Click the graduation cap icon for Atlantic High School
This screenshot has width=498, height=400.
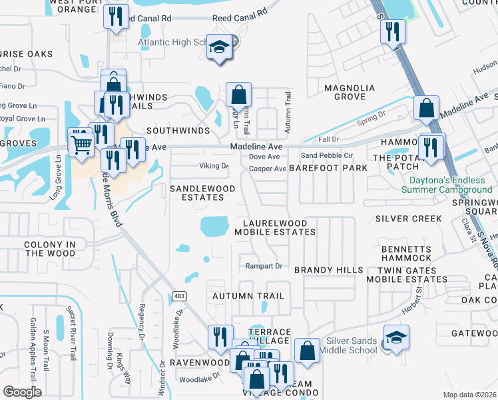tap(219, 47)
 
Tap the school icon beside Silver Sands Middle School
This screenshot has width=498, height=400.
tap(396, 339)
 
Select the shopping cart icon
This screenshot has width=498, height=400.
tap(81, 142)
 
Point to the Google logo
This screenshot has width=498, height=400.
tap(22, 392)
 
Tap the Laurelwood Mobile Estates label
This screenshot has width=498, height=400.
tap(275, 227)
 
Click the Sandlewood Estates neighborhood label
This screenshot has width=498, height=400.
tap(202, 193)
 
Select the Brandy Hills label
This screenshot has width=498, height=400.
tap(329, 270)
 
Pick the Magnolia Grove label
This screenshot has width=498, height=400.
tap(345, 92)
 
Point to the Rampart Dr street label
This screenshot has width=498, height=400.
tap(265, 266)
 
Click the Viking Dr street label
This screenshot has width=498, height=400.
tap(214, 166)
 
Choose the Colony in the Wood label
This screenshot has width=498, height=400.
tap(51, 249)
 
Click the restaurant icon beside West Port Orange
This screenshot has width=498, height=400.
tap(117, 17)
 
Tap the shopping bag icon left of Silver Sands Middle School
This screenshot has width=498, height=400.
tap(306, 351)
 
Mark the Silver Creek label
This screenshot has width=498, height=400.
tap(408, 219)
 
